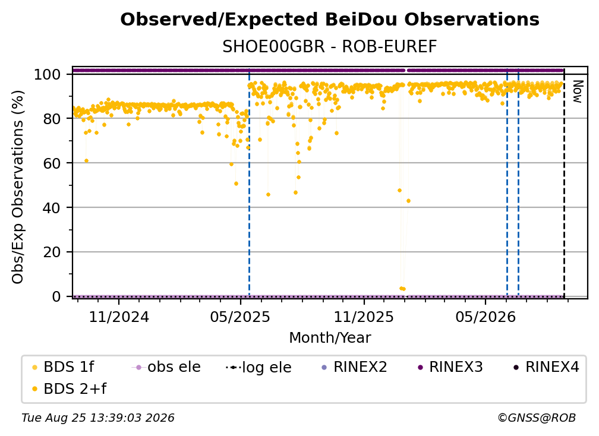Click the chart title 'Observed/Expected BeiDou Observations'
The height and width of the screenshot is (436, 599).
tap(330, 20)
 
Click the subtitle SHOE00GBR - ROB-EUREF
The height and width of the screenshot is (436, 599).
tap(330, 47)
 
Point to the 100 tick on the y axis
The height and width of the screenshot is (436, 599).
tap(48, 74)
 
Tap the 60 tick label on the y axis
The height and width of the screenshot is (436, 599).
tap(52, 163)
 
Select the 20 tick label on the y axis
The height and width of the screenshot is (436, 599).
tap(52, 252)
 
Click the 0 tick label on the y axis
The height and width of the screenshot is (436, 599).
tap(56, 296)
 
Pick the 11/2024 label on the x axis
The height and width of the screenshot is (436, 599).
tap(119, 317)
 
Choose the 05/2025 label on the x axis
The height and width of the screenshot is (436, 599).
tap(240, 317)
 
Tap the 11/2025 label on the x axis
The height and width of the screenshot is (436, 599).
tap(364, 317)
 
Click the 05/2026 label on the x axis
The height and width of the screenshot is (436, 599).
tap(485, 317)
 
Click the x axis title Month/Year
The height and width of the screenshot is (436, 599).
tap(330, 338)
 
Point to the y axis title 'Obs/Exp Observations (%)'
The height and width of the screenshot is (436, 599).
tap(18, 187)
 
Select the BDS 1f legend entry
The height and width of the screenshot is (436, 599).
tap(63, 367)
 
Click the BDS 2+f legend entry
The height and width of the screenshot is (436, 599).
tap(69, 389)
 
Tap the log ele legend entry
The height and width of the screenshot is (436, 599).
tap(259, 367)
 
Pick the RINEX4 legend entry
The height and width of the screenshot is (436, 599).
tap(546, 367)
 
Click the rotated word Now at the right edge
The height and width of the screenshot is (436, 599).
tap(577, 91)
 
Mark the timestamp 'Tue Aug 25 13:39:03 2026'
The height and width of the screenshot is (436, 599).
tap(98, 418)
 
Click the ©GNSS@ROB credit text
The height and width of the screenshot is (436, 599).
tap(537, 418)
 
